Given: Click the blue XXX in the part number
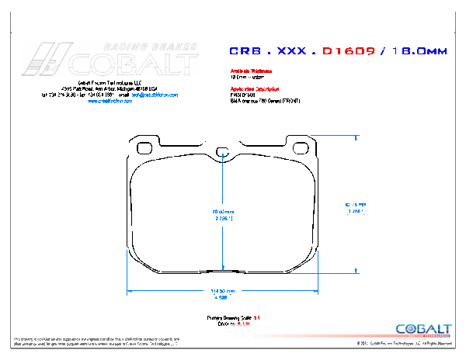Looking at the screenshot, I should [288, 51].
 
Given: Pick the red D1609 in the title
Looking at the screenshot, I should [349, 51].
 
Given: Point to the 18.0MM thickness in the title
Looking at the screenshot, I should [419, 51].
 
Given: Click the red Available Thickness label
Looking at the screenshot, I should [251, 71].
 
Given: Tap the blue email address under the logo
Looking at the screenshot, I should [155, 95].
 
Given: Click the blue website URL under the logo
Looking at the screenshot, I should [110, 101].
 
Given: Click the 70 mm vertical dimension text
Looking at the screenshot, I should [223, 215].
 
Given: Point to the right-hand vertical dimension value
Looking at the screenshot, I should [355, 207].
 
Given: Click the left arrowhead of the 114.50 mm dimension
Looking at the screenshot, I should [130, 292].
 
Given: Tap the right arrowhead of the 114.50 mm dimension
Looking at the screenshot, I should [315, 292].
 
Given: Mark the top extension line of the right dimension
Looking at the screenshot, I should [334, 135].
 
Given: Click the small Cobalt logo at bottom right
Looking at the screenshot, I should [423, 329].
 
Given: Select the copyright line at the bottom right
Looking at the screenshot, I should [404, 342].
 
